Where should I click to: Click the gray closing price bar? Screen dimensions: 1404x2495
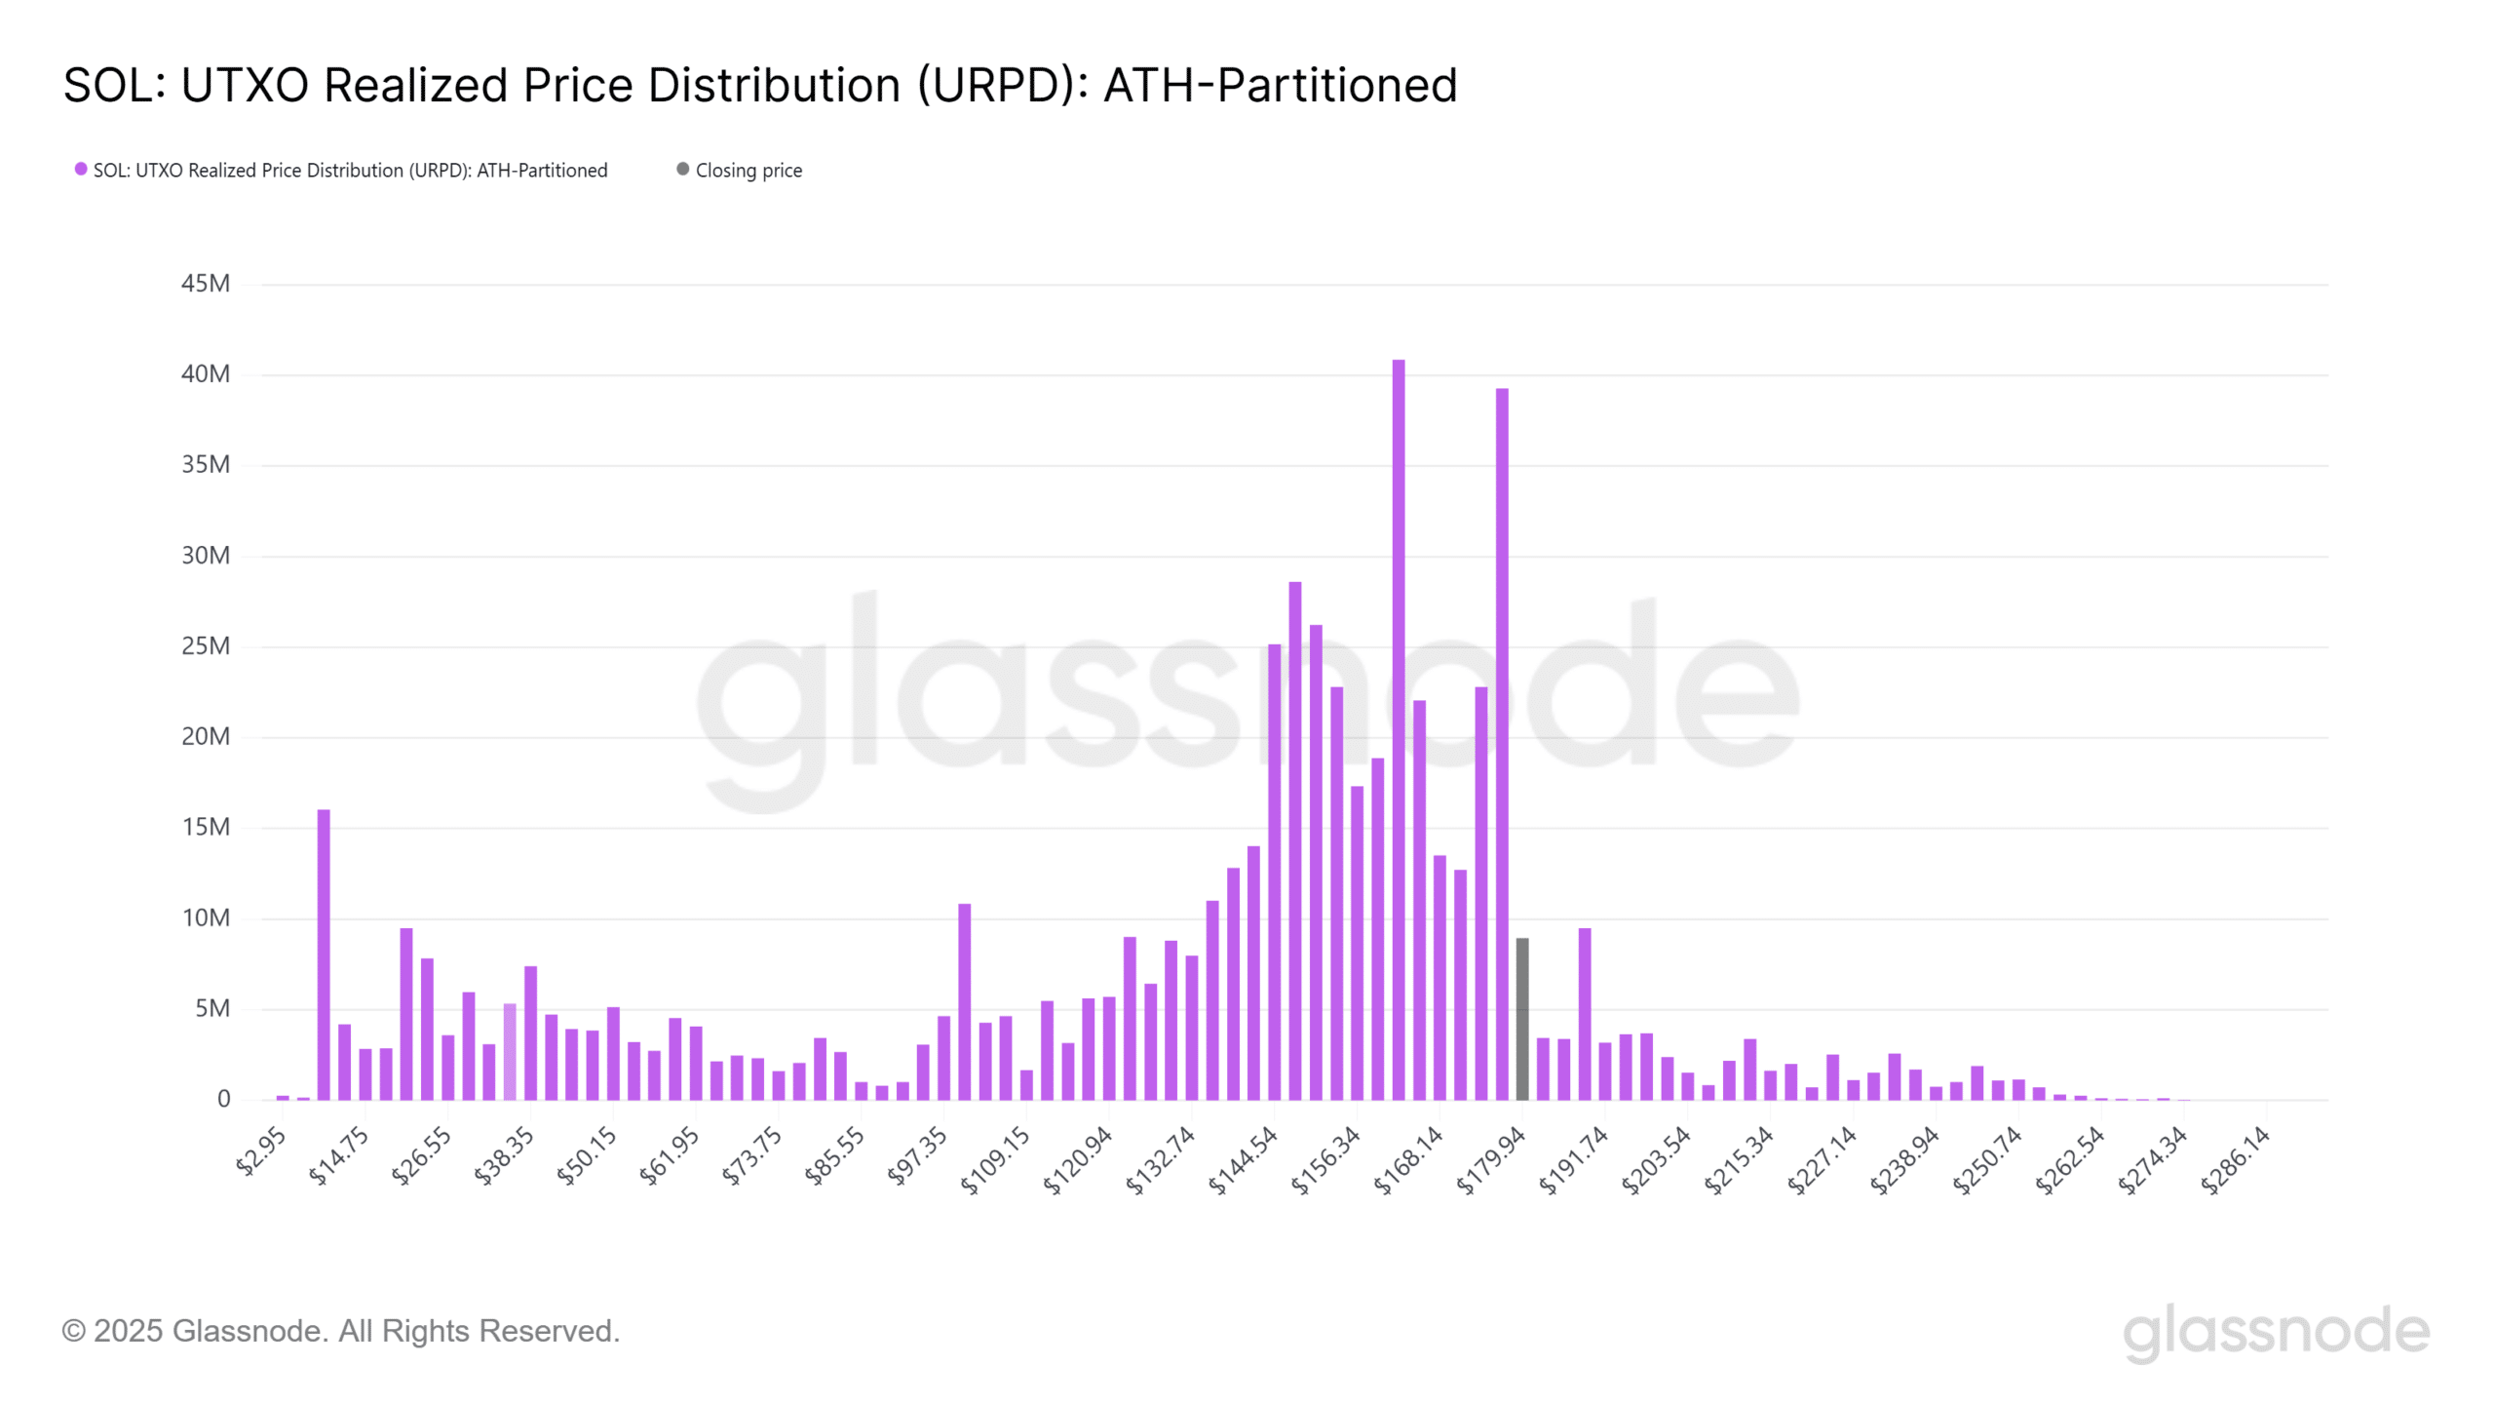pyautogui.click(x=1522, y=1019)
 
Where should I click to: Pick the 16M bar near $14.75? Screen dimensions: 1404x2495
pyautogui.click(x=324, y=955)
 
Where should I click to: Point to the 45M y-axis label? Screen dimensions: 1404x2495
pyautogui.click(x=206, y=284)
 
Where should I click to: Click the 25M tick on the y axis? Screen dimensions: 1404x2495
pyautogui.click(x=206, y=646)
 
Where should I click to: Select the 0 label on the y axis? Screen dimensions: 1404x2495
pyautogui.click(x=223, y=1099)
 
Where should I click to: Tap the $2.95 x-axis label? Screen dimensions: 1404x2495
pyautogui.click(x=261, y=1150)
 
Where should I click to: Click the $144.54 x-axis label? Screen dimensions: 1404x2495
pyautogui.click(x=1243, y=1159)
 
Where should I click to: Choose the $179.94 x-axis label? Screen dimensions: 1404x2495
pyautogui.click(x=1491, y=1159)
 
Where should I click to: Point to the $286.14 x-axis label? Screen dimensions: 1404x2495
pyautogui.click(x=2236, y=1159)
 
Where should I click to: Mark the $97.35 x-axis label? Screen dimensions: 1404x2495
pyautogui.click(x=917, y=1155)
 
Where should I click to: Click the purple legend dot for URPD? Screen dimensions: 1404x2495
pyautogui.click(x=81, y=170)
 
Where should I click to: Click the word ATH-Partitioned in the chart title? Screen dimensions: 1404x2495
pyautogui.click(x=1280, y=86)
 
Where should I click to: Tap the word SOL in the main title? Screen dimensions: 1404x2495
pyautogui.click(x=108, y=86)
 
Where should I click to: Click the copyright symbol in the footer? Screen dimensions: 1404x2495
pyautogui.click(x=73, y=1332)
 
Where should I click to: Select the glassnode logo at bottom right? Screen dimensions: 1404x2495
pyautogui.click(x=2277, y=1332)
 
